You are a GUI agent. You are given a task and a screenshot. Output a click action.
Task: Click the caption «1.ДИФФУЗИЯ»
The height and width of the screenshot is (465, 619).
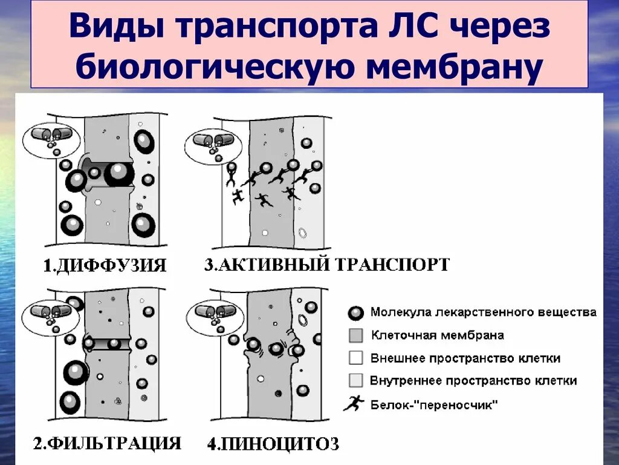tap(105, 265)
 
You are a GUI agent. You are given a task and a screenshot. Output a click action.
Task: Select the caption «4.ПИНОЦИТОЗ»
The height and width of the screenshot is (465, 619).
tap(273, 445)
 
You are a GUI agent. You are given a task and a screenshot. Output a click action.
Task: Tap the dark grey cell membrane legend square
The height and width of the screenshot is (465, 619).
tap(356, 335)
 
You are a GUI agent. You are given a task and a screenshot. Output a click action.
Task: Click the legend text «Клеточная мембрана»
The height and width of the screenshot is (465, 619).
tap(437, 335)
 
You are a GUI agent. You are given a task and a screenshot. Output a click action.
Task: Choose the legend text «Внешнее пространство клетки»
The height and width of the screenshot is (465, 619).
tap(465, 358)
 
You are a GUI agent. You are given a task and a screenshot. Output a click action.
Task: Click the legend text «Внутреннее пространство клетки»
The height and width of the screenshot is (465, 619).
tap(473, 381)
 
